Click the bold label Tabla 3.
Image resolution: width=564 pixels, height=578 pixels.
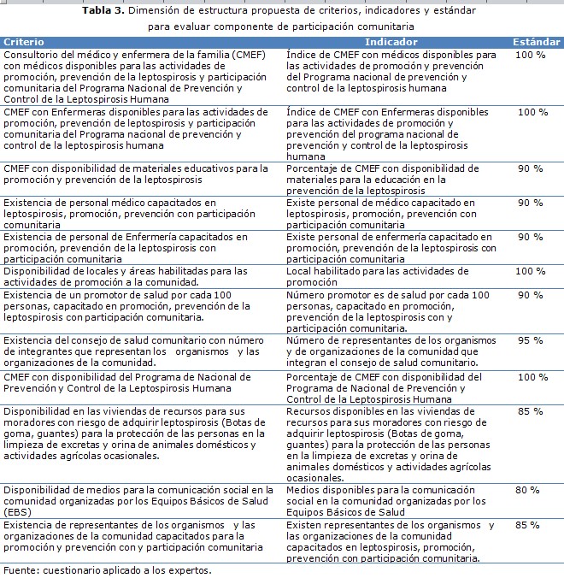pyautogui.click(x=104, y=11)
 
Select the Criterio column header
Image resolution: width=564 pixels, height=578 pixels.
pyautogui.click(x=24, y=41)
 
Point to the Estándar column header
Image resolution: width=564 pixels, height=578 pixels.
pyautogui.click(x=536, y=41)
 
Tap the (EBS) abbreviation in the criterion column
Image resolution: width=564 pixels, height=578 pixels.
pyautogui.click(x=17, y=511)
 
